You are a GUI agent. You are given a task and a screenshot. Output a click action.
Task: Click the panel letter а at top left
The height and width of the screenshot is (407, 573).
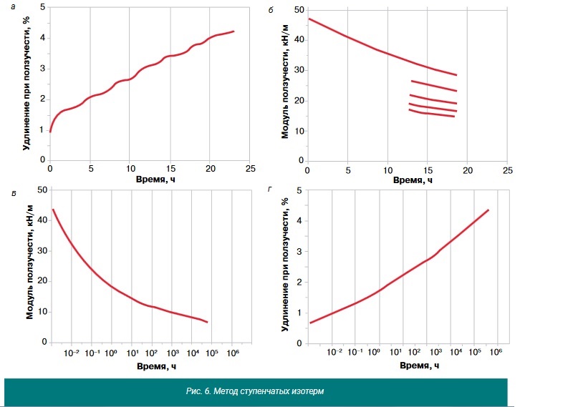point(14,7)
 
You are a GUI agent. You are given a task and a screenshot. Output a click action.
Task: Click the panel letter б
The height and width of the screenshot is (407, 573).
point(271,10)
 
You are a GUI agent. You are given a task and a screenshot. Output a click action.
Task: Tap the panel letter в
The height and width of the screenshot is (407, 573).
point(14,193)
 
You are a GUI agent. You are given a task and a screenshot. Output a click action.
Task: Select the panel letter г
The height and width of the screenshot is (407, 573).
point(270,189)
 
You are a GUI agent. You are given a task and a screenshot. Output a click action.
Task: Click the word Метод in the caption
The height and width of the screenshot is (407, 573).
point(226,391)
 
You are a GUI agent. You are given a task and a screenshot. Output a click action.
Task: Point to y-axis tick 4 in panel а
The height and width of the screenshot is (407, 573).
point(43,38)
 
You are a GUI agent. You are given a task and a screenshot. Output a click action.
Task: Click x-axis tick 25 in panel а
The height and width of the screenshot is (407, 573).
point(250,168)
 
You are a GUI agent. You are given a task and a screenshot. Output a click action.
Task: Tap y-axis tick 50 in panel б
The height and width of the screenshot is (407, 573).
point(299,10)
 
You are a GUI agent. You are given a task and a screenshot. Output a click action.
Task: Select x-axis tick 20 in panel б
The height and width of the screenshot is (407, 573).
point(468,170)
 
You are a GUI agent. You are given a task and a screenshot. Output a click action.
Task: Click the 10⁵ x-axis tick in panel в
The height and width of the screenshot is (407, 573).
point(212,353)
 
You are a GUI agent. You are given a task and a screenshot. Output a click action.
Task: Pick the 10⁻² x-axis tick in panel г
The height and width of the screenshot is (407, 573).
point(334,352)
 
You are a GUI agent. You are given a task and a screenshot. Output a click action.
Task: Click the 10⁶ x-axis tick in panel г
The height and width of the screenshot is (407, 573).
point(496,352)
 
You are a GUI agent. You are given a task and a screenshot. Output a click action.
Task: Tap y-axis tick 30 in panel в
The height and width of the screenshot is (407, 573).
point(42,251)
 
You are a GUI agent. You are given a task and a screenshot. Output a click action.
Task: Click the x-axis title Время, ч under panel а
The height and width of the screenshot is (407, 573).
point(155,180)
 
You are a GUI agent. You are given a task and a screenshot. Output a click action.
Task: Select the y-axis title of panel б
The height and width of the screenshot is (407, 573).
point(285,82)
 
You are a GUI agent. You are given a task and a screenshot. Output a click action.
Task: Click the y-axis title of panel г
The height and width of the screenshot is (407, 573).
point(285,264)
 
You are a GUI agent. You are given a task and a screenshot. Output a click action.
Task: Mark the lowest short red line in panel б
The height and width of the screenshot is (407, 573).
point(432,114)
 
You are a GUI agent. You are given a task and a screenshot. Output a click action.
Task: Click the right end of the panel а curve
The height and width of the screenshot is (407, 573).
point(233,31)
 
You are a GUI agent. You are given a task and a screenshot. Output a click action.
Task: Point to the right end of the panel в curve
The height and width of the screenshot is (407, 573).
point(207,322)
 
